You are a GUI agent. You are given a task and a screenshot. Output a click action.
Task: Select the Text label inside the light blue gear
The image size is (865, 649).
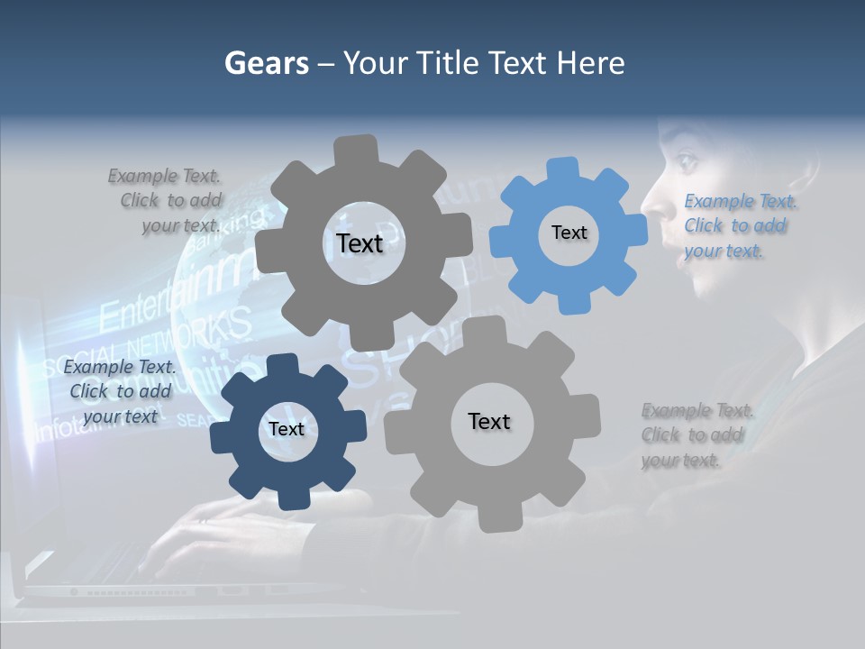pos(569,233)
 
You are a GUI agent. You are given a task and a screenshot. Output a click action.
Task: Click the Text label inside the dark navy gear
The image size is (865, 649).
pos(287,429)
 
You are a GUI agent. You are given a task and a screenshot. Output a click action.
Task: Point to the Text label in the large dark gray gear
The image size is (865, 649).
pos(360,243)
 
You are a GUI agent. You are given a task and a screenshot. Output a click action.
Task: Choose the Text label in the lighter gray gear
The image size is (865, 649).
pos(489,421)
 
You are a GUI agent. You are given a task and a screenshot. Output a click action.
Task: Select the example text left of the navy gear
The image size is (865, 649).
pos(120,391)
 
